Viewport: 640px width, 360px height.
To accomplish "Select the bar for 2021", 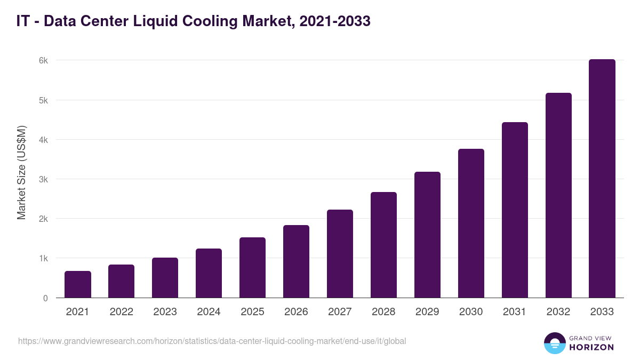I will pyautogui.click(x=78, y=284).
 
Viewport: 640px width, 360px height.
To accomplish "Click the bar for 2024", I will pyautogui.click(x=209, y=273).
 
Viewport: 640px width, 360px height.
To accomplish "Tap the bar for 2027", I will pyautogui.click(x=340, y=254).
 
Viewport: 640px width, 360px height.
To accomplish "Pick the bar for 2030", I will pyautogui.click(x=471, y=223).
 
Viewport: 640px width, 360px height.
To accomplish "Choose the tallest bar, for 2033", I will pyautogui.click(x=602, y=179).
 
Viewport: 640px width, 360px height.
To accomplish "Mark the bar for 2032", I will pyautogui.click(x=558, y=195).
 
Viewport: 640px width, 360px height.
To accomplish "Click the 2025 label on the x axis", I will pyautogui.click(x=252, y=312).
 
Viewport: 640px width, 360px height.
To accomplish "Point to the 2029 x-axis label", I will pyautogui.click(x=427, y=312).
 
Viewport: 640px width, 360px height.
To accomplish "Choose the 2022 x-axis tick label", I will pyautogui.click(x=121, y=312).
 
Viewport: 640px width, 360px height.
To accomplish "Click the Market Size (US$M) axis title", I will pyautogui.click(x=21, y=172).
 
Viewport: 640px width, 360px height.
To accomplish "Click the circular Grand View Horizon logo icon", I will pyautogui.click(x=555, y=343).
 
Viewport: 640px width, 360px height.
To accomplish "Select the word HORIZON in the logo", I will pyautogui.click(x=591, y=347).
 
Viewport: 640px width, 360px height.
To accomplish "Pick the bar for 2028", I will pyautogui.click(x=383, y=245).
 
